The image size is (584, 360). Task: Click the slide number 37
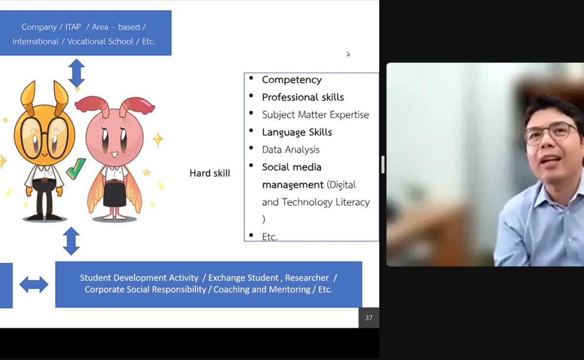click(369, 318)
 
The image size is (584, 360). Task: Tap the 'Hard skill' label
click(210, 173)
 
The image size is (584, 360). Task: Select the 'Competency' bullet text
click(292, 80)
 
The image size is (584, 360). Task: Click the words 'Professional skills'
click(303, 97)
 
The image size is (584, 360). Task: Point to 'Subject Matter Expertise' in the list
click(315, 115)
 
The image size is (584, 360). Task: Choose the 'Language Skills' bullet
click(297, 132)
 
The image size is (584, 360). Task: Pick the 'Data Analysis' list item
click(291, 150)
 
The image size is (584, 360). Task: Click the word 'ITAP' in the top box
click(73, 27)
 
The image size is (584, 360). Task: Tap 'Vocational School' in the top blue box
click(100, 41)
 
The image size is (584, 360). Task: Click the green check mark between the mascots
click(76, 169)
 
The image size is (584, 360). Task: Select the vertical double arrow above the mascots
click(76, 73)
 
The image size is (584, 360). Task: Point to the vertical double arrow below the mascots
click(71, 241)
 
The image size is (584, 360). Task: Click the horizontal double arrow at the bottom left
click(34, 285)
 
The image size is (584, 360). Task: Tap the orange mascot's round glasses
click(45, 138)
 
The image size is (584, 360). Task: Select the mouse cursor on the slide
click(348, 54)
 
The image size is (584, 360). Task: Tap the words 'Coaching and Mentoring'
click(262, 289)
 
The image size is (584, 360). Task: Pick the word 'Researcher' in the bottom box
click(307, 278)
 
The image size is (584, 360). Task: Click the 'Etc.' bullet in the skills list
click(270, 237)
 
